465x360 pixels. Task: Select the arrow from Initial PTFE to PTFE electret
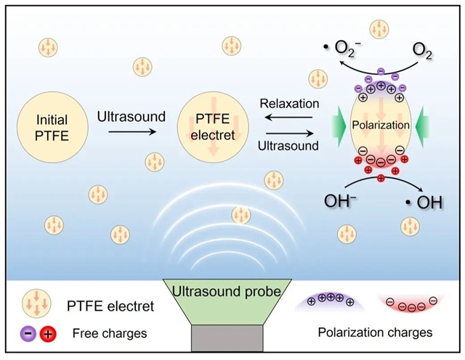(129, 132)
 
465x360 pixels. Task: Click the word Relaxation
(289, 105)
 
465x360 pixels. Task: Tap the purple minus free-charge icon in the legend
(28, 333)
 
